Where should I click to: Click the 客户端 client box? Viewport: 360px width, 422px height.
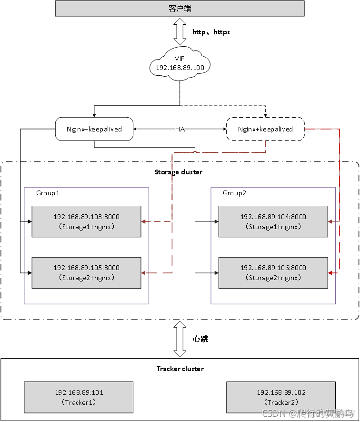click(180, 9)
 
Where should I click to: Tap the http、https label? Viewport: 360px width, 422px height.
click(211, 32)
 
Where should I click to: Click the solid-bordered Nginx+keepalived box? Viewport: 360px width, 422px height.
click(94, 129)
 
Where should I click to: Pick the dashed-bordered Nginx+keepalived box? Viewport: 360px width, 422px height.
click(265, 129)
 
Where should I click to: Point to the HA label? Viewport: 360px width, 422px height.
click(180, 129)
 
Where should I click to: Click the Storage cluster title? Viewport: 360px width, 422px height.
click(179, 172)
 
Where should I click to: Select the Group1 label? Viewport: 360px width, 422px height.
click(48, 193)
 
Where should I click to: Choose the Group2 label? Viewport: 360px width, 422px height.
click(235, 193)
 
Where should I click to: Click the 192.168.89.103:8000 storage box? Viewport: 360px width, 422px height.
click(86, 221)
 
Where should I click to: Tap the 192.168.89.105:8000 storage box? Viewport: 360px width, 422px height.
click(86, 272)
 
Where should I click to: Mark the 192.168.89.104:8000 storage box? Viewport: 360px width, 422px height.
click(273, 221)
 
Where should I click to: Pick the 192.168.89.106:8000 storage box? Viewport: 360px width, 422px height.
click(273, 272)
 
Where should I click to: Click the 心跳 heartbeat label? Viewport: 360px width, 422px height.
click(200, 339)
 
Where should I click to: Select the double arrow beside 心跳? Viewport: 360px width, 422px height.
click(180, 339)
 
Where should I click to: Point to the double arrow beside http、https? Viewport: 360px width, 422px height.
click(180, 32)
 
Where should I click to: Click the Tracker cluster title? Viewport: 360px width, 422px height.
click(180, 369)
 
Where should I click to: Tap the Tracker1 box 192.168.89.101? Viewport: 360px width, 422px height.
click(79, 397)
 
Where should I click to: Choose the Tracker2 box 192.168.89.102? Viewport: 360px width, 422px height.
click(280, 397)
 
